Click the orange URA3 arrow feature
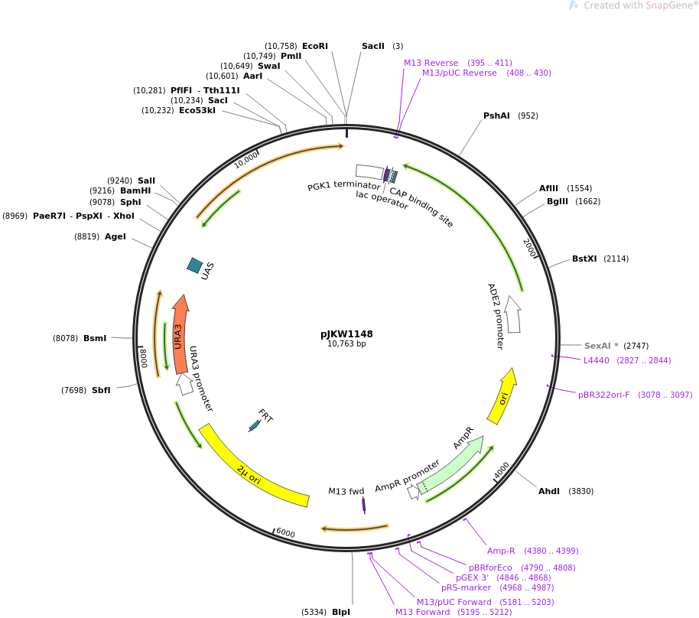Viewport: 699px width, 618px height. click(x=180, y=334)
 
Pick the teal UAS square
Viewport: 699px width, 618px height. click(x=195, y=265)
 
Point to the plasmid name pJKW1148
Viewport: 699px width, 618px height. click(x=346, y=334)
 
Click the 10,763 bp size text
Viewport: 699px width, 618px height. click(x=346, y=343)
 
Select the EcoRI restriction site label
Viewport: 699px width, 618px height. click(x=315, y=46)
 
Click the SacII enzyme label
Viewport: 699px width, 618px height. click(x=372, y=46)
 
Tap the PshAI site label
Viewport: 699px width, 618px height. click(x=496, y=115)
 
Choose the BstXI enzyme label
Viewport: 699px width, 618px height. click(x=584, y=259)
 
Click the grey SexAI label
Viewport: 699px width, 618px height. click(x=598, y=346)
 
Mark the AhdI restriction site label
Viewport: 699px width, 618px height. click(x=549, y=491)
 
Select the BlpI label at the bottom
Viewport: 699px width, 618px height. click(x=341, y=612)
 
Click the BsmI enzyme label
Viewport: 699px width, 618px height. click(x=95, y=338)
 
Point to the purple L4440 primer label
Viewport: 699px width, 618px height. click(x=596, y=360)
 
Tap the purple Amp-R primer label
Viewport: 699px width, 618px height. click(x=501, y=551)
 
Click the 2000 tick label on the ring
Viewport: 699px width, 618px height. click(x=529, y=248)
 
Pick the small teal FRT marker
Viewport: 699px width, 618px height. click(x=254, y=426)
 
